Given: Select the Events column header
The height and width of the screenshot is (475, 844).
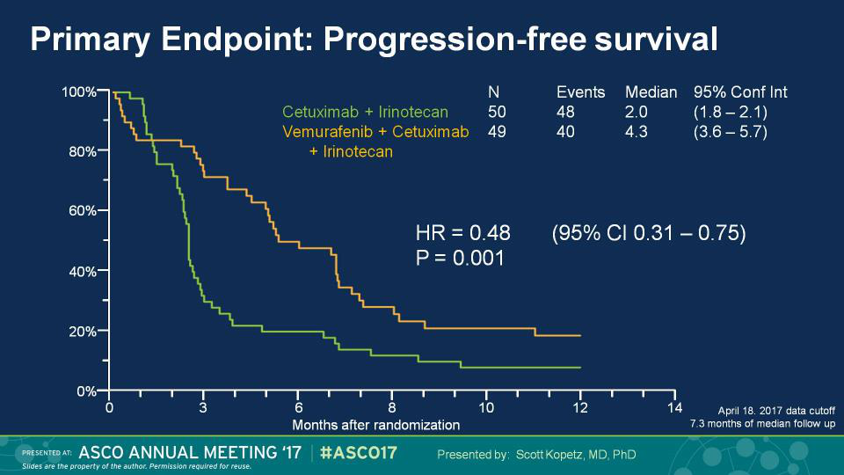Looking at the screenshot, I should tap(580, 92).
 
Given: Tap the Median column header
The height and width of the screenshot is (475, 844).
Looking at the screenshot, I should tap(651, 92).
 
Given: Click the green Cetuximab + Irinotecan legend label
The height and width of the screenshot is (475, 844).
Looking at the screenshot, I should tap(365, 112).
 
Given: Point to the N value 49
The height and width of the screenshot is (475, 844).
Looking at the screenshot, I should tap(496, 132).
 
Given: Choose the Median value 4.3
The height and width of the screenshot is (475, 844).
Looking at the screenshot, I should tap(637, 132).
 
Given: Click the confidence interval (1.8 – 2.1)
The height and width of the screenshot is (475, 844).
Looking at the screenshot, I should tap(730, 112).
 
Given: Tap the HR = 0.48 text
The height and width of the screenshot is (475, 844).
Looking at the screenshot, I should tap(462, 233).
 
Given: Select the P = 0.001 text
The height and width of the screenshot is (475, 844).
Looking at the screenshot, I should tap(459, 258).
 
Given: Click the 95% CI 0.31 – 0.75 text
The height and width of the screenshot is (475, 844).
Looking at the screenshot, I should tap(649, 233).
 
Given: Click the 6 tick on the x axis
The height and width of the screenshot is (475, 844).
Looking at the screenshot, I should tap(298, 407).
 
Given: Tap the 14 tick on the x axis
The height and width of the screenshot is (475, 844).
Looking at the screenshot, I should tap(674, 407).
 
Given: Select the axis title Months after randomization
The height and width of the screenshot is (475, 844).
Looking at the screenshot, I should tap(375, 425).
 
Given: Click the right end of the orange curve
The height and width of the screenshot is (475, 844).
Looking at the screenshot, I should tap(580, 336).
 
